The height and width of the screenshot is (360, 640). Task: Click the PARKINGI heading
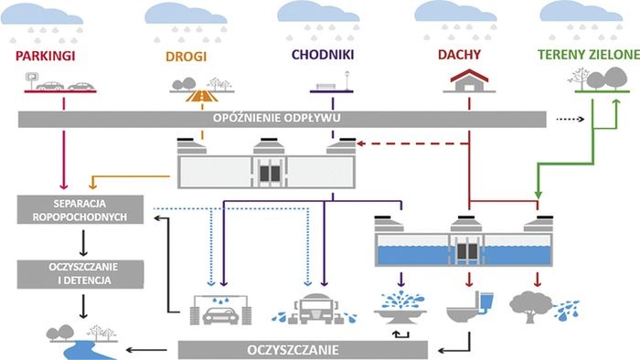pyautogui.click(x=46, y=56)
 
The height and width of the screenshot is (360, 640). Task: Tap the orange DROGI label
pyautogui.click(x=187, y=57)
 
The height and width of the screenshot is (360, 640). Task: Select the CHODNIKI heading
pyautogui.click(x=323, y=55)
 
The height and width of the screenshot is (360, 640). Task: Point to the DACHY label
pyautogui.click(x=459, y=55)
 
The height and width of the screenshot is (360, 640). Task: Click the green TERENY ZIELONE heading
pyautogui.click(x=589, y=55)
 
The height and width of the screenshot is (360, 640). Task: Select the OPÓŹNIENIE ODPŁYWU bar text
pyautogui.click(x=277, y=118)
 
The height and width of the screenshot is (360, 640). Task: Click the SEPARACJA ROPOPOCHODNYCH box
pyautogui.click(x=80, y=209)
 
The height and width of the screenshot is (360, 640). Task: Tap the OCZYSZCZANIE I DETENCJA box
pyautogui.click(x=80, y=274)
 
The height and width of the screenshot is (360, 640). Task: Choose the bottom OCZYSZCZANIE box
pyautogui.click(x=303, y=350)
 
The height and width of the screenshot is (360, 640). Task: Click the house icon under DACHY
pyautogui.click(x=469, y=81)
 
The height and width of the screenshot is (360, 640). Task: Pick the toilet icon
pyautogui.click(x=470, y=307)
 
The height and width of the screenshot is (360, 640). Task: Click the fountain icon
pyautogui.click(x=400, y=307)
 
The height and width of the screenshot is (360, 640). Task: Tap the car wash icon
pyautogui.click(x=221, y=310)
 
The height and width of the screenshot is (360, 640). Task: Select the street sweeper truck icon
pyautogui.click(x=315, y=309)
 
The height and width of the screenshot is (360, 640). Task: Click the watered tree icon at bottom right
pyautogui.click(x=544, y=307)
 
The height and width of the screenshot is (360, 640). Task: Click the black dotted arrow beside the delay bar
pyautogui.click(x=571, y=119)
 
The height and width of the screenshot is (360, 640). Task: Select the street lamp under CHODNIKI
pyautogui.click(x=347, y=80)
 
